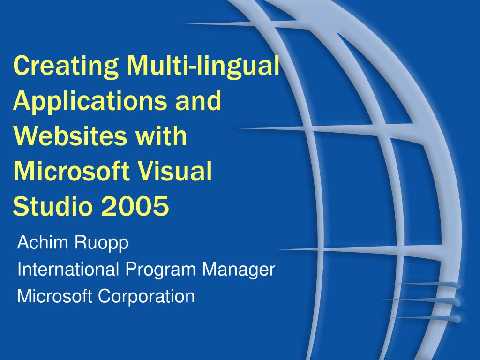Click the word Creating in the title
66,66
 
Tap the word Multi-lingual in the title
202,66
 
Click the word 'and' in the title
198,100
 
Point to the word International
68,270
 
